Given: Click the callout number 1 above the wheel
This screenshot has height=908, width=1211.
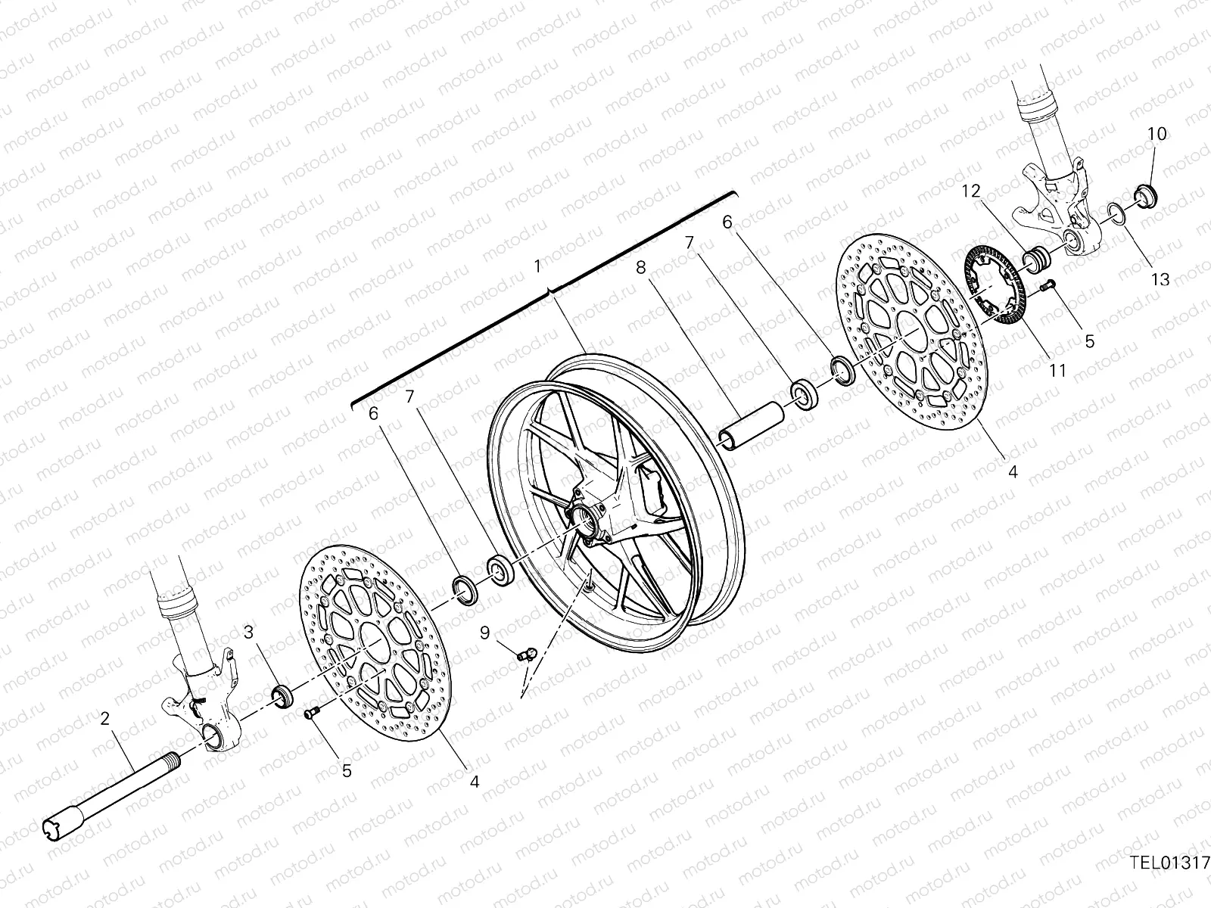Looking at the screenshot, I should tap(537, 266).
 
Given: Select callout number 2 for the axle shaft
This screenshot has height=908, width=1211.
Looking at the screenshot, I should tap(106, 719).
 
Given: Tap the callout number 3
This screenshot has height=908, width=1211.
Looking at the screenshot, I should tap(247, 631).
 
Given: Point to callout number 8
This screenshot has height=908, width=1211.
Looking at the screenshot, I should tap(640, 267).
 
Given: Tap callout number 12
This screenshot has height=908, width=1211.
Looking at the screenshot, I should tap(972, 192).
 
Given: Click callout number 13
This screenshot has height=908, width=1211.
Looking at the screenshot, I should tap(1160, 279).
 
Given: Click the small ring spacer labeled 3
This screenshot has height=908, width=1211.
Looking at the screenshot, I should tap(282, 695).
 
